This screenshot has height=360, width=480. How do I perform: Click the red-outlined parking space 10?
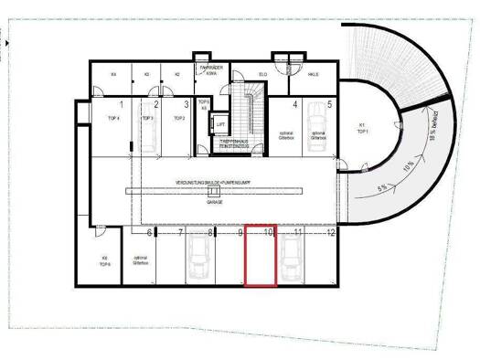[x=261, y=257]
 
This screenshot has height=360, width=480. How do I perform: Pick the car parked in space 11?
[x=291, y=262]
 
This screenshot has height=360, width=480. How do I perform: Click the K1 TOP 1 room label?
[x=362, y=127]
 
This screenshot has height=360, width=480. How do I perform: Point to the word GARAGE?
[x=215, y=202]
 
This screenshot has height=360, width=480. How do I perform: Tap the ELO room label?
[x=262, y=73]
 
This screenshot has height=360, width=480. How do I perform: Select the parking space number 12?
[x=331, y=233]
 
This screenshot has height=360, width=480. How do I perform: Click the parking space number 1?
[x=121, y=105]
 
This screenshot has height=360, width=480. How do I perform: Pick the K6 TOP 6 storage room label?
[x=105, y=260]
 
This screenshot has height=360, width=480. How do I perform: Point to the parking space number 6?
[x=149, y=233]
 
